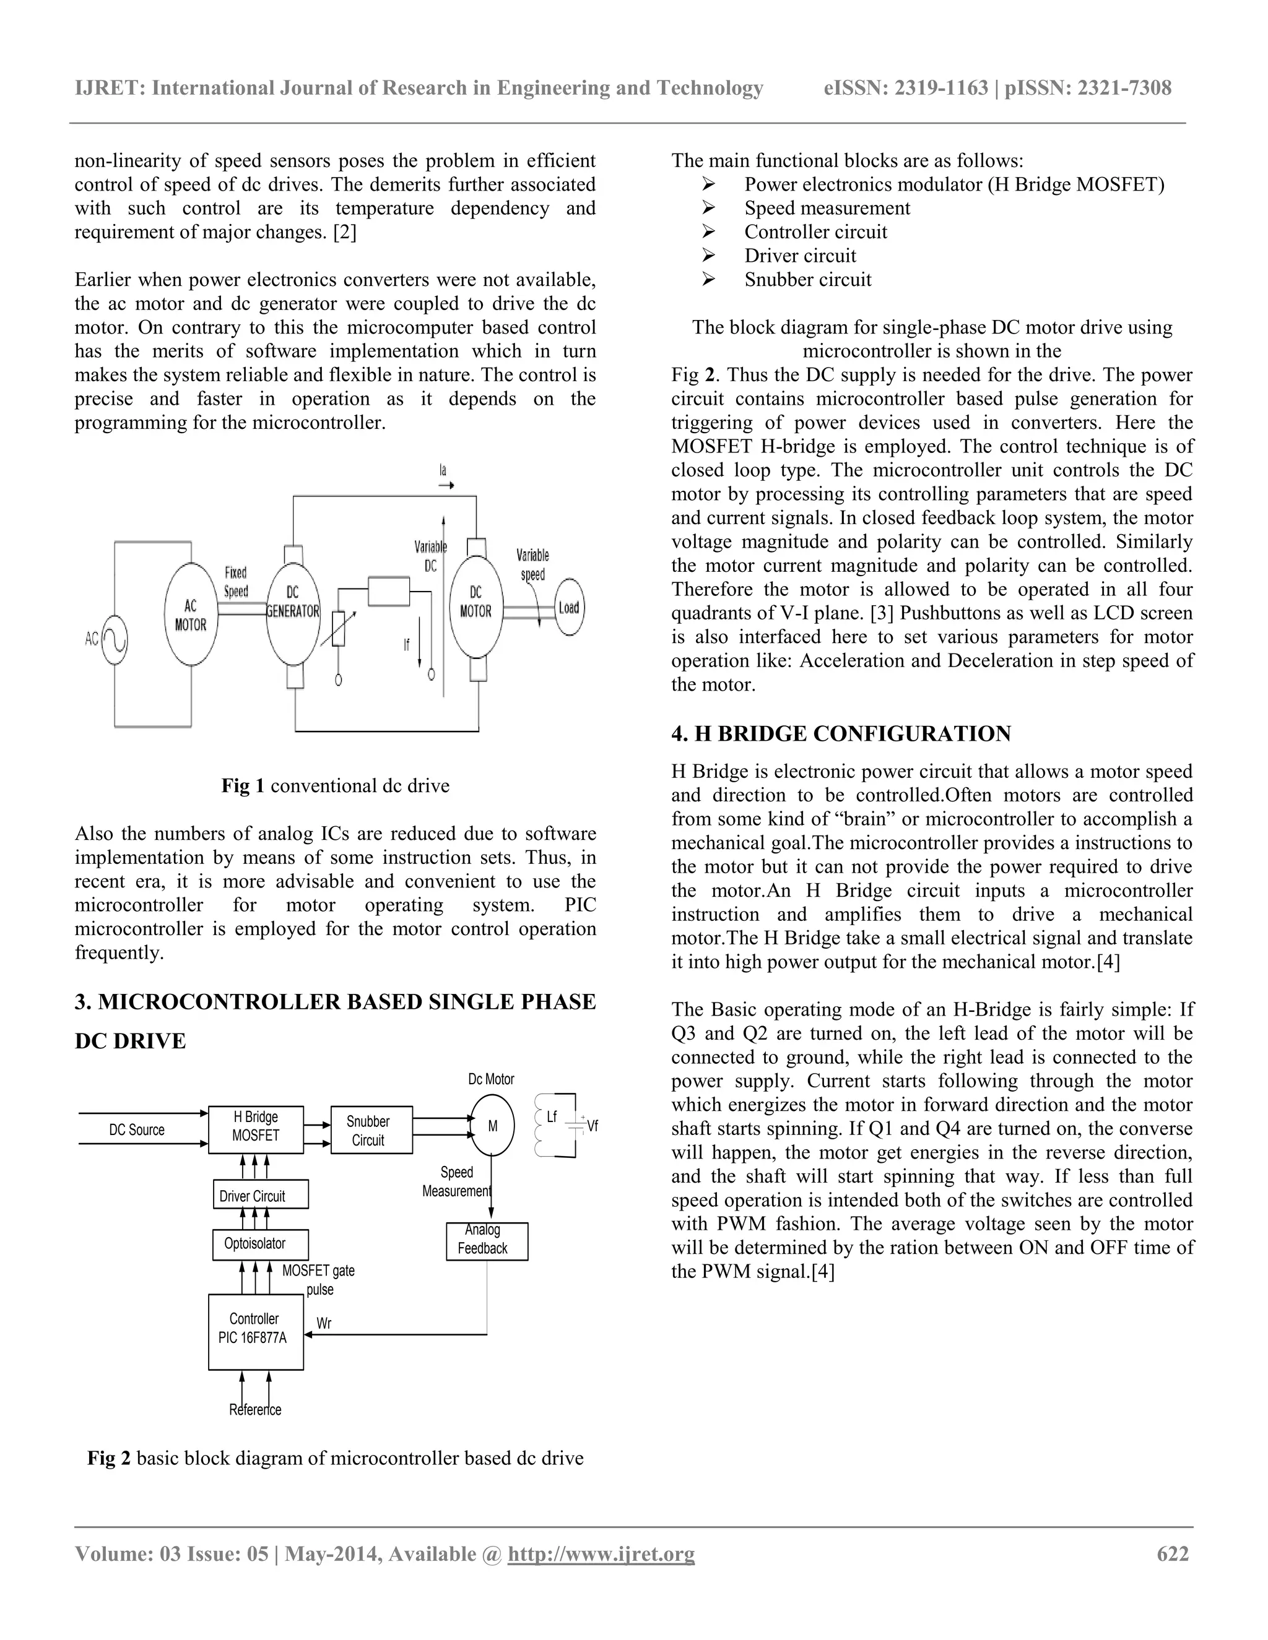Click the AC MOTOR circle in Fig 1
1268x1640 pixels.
pos(191,615)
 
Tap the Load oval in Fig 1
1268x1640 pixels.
pos(568,608)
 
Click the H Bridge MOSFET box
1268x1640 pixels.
pos(256,1129)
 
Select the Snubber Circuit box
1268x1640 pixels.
pos(371,1129)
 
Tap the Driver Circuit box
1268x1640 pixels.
pos(260,1196)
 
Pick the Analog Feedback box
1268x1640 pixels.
pos(487,1241)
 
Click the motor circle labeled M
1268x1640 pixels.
pos(493,1126)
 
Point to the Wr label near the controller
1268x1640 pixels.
pos(324,1323)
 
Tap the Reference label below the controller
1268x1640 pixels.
pos(256,1409)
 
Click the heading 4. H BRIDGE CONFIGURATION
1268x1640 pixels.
pos(841,733)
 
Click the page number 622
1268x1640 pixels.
pos(1173,1553)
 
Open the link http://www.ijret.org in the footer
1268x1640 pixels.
pos(601,1553)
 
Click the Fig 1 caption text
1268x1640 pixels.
pos(335,785)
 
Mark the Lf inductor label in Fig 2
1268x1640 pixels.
pos(552,1116)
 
